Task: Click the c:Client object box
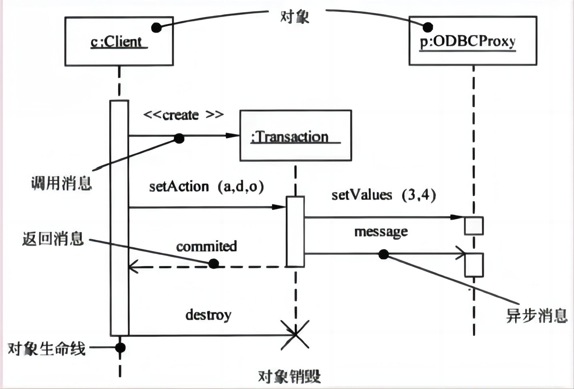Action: coord(119,41)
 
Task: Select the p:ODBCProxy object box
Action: coord(473,41)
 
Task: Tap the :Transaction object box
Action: coord(295,136)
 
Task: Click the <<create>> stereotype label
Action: coord(183,115)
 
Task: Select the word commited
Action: coord(206,247)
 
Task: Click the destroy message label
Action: coord(208,315)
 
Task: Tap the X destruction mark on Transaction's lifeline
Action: coord(295,334)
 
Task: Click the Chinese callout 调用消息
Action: coord(61,183)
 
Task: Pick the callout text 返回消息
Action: coord(53,239)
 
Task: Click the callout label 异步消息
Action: coord(537,316)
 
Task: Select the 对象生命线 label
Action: coord(47,349)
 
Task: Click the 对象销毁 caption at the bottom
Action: coord(289,376)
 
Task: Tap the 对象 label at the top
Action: coord(295,17)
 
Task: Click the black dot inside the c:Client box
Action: coord(156,28)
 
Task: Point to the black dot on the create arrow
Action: coord(179,138)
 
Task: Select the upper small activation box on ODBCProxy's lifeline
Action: coord(474,226)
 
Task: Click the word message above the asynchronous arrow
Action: coord(381,232)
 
